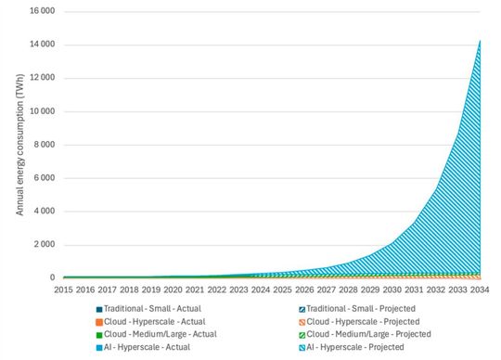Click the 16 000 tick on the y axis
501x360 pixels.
pyautogui.click(x=40, y=11)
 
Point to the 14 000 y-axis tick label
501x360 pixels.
pyautogui.click(x=40, y=45)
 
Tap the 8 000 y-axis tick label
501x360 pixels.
pyautogui.click(x=43, y=145)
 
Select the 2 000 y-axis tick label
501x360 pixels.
pyautogui.click(x=43, y=245)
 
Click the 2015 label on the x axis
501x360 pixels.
pyautogui.click(x=63, y=289)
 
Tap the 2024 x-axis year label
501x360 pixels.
pyautogui.click(x=261, y=289)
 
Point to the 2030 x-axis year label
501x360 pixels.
pyautogui.click(x=392, y=289)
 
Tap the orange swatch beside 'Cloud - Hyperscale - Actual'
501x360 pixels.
pyautogui.click(x=98, y=321)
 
